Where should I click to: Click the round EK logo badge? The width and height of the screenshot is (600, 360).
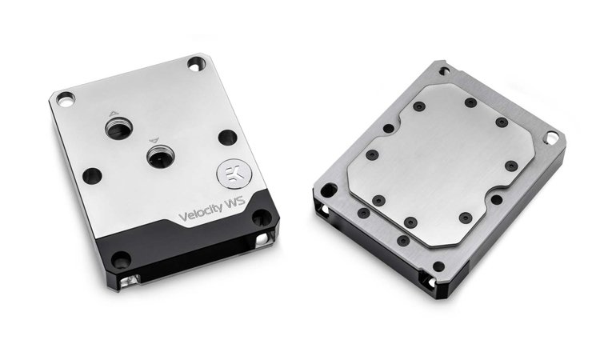click(x=234, y=174)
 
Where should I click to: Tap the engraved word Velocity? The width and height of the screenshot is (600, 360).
click(x=201, y=211)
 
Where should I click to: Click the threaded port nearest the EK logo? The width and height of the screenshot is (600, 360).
click(x=161, y=158)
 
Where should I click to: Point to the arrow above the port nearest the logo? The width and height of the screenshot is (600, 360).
click(x=154, y=141)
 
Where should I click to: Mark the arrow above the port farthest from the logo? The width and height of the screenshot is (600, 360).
click(x=114, y=114)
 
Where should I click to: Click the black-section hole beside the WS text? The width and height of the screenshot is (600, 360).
click(x=262, y=218)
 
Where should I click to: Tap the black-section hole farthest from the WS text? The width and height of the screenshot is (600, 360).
click(x=121, y=259)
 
